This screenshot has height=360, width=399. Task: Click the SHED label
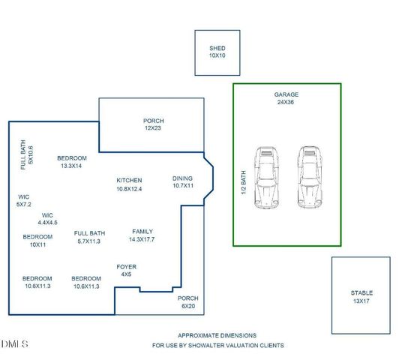coord(217,49)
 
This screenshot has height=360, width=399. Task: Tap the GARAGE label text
coord(286,95)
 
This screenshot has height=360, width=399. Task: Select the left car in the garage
coord(266,177)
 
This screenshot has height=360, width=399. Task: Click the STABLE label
coord(361,292)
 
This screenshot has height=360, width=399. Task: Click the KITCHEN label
coord(129,181)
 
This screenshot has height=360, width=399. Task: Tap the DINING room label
coord(183,178)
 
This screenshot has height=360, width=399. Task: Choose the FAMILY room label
coord(142,232)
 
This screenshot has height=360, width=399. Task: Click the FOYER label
coord(126,267)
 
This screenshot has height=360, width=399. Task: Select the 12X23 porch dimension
coord(153,128)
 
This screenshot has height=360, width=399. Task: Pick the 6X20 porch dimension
coord(187,306)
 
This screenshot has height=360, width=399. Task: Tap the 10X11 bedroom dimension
coord(37,244)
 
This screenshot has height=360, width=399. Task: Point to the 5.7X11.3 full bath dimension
coord(89,241)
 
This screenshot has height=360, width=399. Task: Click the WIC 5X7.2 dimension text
coord(23,204)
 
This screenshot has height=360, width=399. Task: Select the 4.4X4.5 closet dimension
coord(47,223)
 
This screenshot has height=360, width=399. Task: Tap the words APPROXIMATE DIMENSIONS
coord(217,335)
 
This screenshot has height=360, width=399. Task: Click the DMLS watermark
coord(15,343)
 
